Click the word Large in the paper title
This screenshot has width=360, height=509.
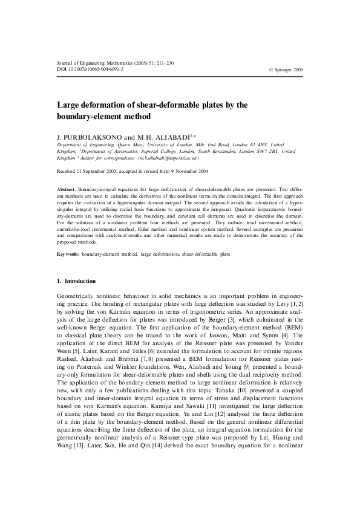[68, 105]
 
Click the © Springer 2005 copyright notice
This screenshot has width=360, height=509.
[286, 70]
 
